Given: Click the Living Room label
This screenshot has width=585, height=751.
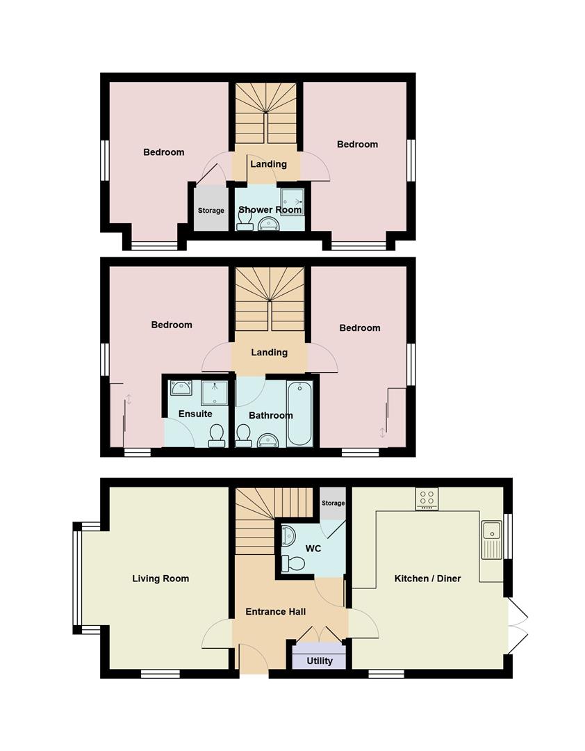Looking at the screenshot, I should (x=160, y=579).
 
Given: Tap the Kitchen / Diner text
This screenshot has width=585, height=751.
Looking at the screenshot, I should (x=427, y=579).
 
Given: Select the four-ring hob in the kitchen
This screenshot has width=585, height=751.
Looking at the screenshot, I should (x=427, y=499).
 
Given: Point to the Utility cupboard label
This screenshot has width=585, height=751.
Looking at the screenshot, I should (x=319, y=661).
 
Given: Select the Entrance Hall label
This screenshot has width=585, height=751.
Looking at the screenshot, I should (x=276, y=612).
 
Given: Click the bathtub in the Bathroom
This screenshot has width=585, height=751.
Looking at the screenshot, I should (x=299, y=414).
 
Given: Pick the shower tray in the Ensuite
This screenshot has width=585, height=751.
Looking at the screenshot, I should (x=214, y=394).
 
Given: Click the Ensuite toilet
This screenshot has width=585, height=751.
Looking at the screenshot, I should (x=217, y=435).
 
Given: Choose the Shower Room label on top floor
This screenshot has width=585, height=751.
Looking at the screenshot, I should (x=270, y=209).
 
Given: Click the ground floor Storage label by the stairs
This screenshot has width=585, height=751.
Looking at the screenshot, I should (x=333, y=503).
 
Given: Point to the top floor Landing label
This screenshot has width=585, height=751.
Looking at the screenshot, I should (x=268, y=164).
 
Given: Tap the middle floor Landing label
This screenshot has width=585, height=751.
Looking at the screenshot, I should (x=269, y=352).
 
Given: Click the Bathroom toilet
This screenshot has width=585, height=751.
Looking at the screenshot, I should (x=243, y=435).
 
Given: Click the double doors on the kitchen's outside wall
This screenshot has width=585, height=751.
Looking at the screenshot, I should (x=518, y=625).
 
